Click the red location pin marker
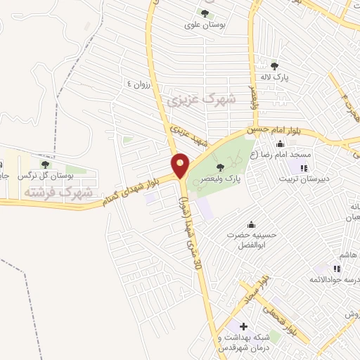click(x=181, y=165)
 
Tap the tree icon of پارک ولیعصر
click(x=221, y=167)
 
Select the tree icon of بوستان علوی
click(x=205, y=13)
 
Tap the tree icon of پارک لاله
click(x=275, y=66)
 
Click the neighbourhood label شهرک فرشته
click(x=58, y=191)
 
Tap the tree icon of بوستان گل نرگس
click(x=45, y=164)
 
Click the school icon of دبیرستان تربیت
click(x=304, y=167)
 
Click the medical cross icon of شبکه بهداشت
click(x=243, y=326)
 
